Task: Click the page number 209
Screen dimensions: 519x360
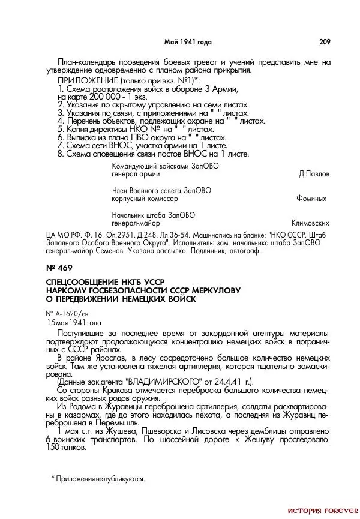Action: (324, 42)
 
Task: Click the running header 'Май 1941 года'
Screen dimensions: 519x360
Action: (188, 42)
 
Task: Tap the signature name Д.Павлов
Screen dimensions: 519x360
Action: (313, 175)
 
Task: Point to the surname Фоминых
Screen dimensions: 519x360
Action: (311, 198)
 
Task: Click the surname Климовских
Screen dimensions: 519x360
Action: (310, 222)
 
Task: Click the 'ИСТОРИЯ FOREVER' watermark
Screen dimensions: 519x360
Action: (322, 511)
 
